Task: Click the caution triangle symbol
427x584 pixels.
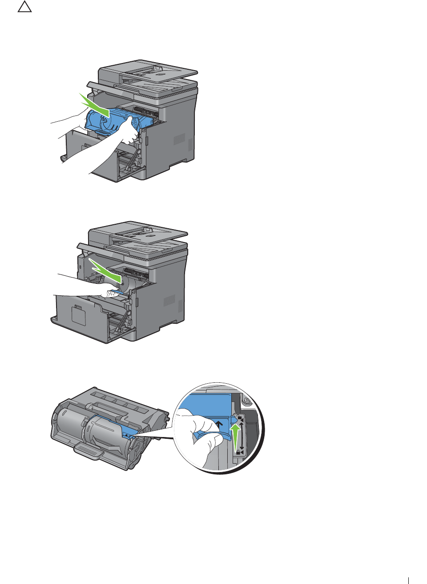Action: [25, 7]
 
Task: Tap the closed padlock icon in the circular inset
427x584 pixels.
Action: [239, 452]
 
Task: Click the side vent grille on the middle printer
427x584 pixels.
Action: [170, 301]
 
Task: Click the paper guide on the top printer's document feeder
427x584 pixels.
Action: [157, 68]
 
